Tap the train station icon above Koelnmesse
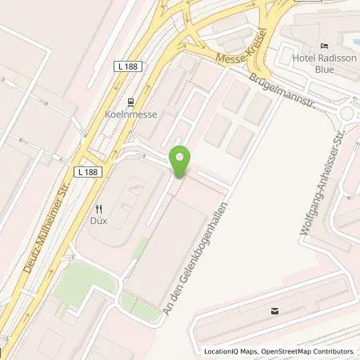tap(130, 102)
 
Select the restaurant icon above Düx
tap(98, 210)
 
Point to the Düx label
tap(98, 222)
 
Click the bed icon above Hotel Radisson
tap(324, 45)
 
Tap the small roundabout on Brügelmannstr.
tap(349, 114)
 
